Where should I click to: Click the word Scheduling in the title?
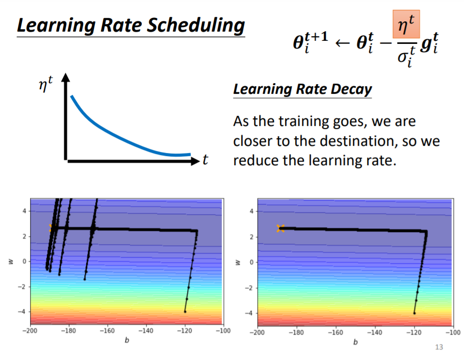[x=194, y=25]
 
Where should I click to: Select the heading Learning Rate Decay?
[x=302, y=89]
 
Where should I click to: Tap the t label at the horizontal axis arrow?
[x=205, y=161]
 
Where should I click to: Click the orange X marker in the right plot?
[x=280, y=228]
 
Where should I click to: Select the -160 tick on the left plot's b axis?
[x=107, y=331]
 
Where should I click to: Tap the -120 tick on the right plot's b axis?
[x=414, y=331]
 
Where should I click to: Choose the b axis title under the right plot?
[x=355, y=341]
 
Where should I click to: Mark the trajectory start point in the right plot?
[x=414, y=313]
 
